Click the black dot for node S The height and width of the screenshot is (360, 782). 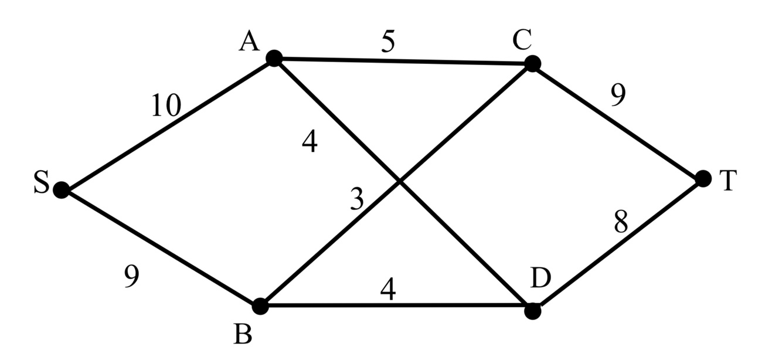61,189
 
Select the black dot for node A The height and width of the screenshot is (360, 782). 274,58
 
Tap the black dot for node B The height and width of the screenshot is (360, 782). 260,305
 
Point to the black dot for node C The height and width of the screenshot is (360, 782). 532,63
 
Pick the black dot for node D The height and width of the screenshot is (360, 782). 532,311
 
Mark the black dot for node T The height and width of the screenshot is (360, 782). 703,178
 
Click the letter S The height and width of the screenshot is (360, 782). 40,182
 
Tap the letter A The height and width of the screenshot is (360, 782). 249,42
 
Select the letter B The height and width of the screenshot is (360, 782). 243,334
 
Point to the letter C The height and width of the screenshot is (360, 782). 521,40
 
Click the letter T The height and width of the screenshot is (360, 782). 727,181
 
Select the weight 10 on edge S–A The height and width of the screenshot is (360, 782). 166,106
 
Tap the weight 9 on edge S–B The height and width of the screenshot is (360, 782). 131,276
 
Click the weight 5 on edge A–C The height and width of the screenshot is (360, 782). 387,42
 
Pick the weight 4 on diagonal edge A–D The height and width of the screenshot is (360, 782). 310,142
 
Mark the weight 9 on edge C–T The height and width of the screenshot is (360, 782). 617,96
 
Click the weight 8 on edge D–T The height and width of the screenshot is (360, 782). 620,222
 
